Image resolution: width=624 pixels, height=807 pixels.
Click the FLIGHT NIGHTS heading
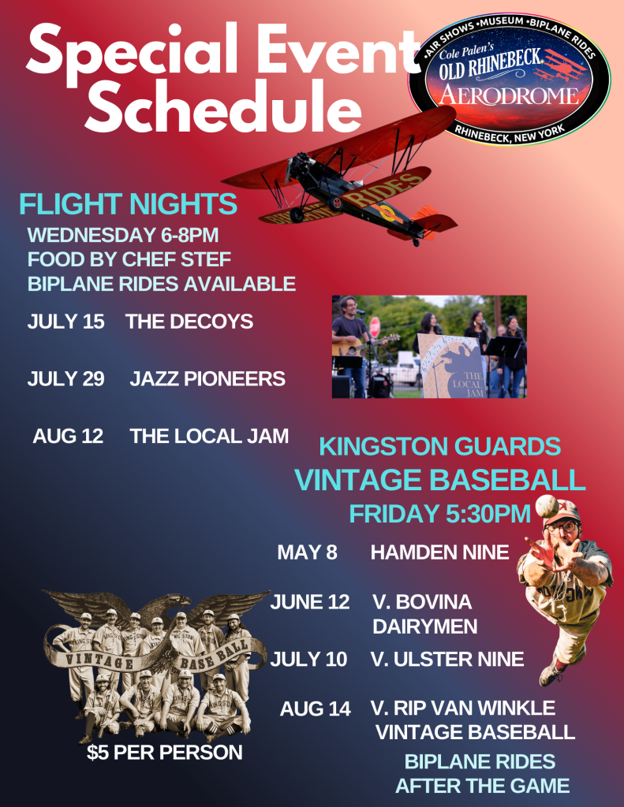tap(128, 204)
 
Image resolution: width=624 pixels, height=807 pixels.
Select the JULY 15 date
tap(65, 322)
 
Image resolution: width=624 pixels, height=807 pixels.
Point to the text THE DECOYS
tap(189, 322)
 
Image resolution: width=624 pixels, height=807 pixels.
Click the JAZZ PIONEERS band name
tap(207, 379)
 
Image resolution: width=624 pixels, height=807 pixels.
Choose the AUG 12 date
tap(68, 436)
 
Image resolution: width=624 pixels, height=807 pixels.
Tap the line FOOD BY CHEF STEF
tap(129, 259)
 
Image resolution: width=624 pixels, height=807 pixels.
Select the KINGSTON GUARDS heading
tap(439, 447)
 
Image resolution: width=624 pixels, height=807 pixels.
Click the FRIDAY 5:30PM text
tap(439, 514)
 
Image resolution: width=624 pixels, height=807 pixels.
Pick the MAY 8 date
tap(307, 552)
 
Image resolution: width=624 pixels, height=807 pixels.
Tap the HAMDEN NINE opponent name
tap(439, 552)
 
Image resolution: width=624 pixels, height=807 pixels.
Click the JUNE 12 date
tap(309, 603)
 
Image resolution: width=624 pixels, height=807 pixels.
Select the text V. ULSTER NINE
tap(447, 659)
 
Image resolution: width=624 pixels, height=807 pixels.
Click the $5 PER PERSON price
tap(164, 753)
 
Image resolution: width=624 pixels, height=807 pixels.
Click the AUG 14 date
tap(315, 709)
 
